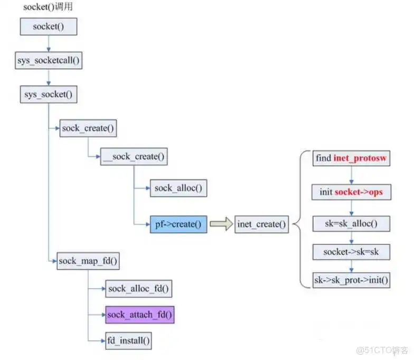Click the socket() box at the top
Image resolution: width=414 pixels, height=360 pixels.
coord(49,26)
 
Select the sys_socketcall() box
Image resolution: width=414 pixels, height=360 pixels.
coord(48,60)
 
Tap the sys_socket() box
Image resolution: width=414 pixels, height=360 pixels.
coord(48,95)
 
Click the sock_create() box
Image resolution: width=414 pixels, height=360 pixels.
coord(88,128)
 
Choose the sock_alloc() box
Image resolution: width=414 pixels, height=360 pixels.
coord(178,188)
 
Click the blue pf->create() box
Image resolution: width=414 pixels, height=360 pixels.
coord(178,224)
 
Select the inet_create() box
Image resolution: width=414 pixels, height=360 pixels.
coord(262,224)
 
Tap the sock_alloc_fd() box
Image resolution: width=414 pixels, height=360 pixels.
coord(139,288)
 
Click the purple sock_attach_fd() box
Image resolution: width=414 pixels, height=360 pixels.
coord(139,315)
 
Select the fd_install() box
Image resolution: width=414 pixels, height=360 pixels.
coord(128,341)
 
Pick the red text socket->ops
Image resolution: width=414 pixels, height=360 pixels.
coord(359,192)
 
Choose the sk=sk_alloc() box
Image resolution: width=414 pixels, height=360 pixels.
coord(351,223)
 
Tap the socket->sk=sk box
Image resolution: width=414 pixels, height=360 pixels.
coord(351,252)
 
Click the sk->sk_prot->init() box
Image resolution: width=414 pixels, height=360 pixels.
coord(351,279)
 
